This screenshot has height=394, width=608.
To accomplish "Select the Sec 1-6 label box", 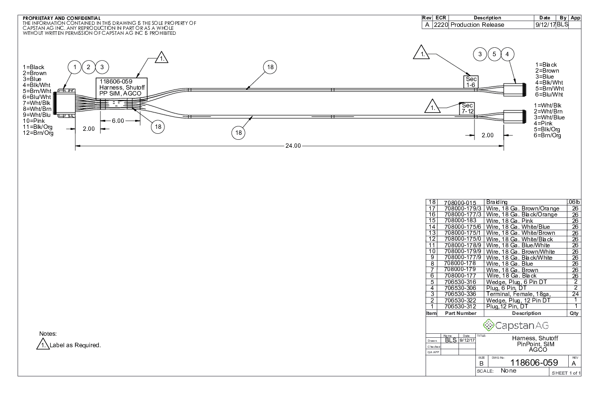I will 471,82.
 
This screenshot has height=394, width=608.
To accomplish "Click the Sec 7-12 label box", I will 467,109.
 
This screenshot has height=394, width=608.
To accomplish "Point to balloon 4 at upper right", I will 507,54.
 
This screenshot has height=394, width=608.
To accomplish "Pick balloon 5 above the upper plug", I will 494,54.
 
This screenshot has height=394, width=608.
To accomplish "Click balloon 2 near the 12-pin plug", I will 88,67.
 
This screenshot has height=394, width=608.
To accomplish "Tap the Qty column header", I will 574,313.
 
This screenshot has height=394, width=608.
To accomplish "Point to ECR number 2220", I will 441,25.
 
